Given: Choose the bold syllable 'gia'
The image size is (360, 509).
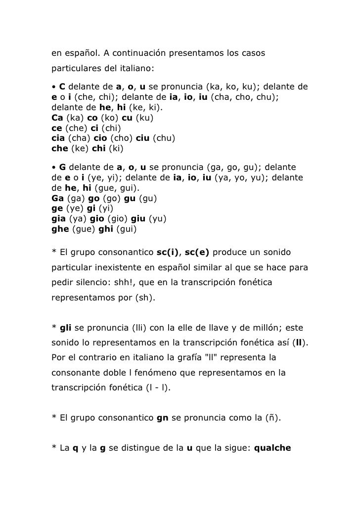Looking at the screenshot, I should pyautogui.click(x=58, y=220).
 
